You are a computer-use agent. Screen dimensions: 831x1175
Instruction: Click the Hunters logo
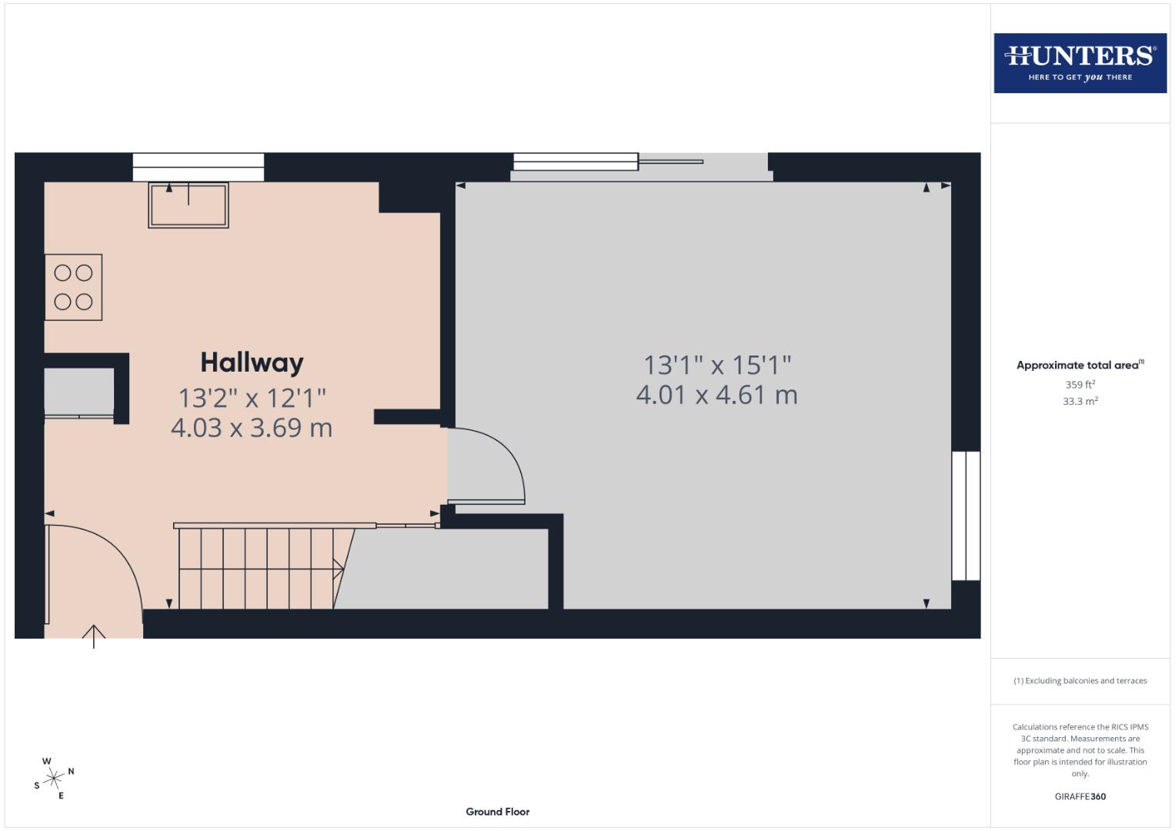pyautogui.click(x=1080, y=63)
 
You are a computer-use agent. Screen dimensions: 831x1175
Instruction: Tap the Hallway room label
pyautogui.click(x=252, y=362)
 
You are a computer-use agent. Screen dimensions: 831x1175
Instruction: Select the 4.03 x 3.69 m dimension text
pyautogui.click(x=252, y=428)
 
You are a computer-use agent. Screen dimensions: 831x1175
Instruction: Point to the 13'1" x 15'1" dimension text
pyautogui.click(x=716, y=364)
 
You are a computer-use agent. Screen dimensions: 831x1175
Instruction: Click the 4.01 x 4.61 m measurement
pyautogui.click(x=716, y=395)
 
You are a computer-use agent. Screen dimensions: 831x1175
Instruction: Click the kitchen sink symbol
pyautogui.click(x=189, y=205)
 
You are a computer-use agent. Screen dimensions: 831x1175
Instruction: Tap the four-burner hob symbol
pyautogui.click(x=73, y=287)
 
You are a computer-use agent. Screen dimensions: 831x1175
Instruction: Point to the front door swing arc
pyautogui.click(x=115, y=554)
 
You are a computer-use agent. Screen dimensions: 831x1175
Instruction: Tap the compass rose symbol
pyautogui.click(x=54, y=779)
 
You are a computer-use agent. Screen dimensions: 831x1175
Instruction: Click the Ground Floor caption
pyautogui.click(x=497, y=812)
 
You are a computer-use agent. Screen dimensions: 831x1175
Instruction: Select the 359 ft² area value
pyautogui.click(x=1080, y=385)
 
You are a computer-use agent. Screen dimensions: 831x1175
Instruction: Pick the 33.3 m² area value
pyautogui.click(x=1080, y=401)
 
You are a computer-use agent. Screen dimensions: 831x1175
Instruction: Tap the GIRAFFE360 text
pyautogui.click(x=1080, y=796)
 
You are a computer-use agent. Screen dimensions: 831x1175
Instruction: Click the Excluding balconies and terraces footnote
pyautogui.click(x=1080, y=681)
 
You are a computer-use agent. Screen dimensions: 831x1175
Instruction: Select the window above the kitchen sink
pyautogui.click(x=199, y=167)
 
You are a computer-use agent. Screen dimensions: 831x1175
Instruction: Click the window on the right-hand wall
pyautogui.click(x=966, y=516)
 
